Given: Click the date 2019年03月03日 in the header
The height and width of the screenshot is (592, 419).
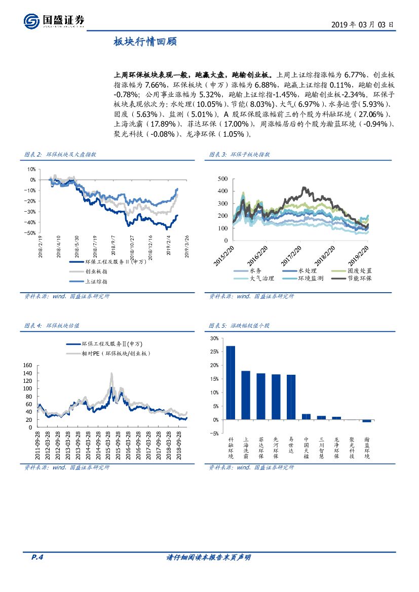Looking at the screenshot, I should (x=362, y=24).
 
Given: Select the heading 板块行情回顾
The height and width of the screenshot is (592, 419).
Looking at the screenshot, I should (x=145, y=43).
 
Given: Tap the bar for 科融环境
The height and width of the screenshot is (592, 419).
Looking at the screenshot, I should (x=231, y=383).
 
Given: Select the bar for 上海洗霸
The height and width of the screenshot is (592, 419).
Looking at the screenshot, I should (x=246, y=395).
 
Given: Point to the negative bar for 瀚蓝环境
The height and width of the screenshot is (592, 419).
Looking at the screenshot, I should (x=366, y=421).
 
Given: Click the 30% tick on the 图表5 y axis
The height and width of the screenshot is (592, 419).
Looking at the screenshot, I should (x=214, y=338).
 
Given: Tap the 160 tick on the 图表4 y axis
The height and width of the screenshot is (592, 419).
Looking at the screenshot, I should (x=27, y=365).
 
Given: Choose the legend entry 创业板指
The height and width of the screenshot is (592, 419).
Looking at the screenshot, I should (x=96, y=271).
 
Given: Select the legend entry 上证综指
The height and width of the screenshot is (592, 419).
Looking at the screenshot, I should (x=96, y=281).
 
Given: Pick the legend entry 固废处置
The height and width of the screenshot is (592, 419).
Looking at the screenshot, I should (x=359, y=271).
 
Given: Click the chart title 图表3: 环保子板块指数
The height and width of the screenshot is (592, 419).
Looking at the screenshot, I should (x=239, y=154).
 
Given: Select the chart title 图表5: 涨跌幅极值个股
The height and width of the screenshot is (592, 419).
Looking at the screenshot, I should (x=239, y=326).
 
